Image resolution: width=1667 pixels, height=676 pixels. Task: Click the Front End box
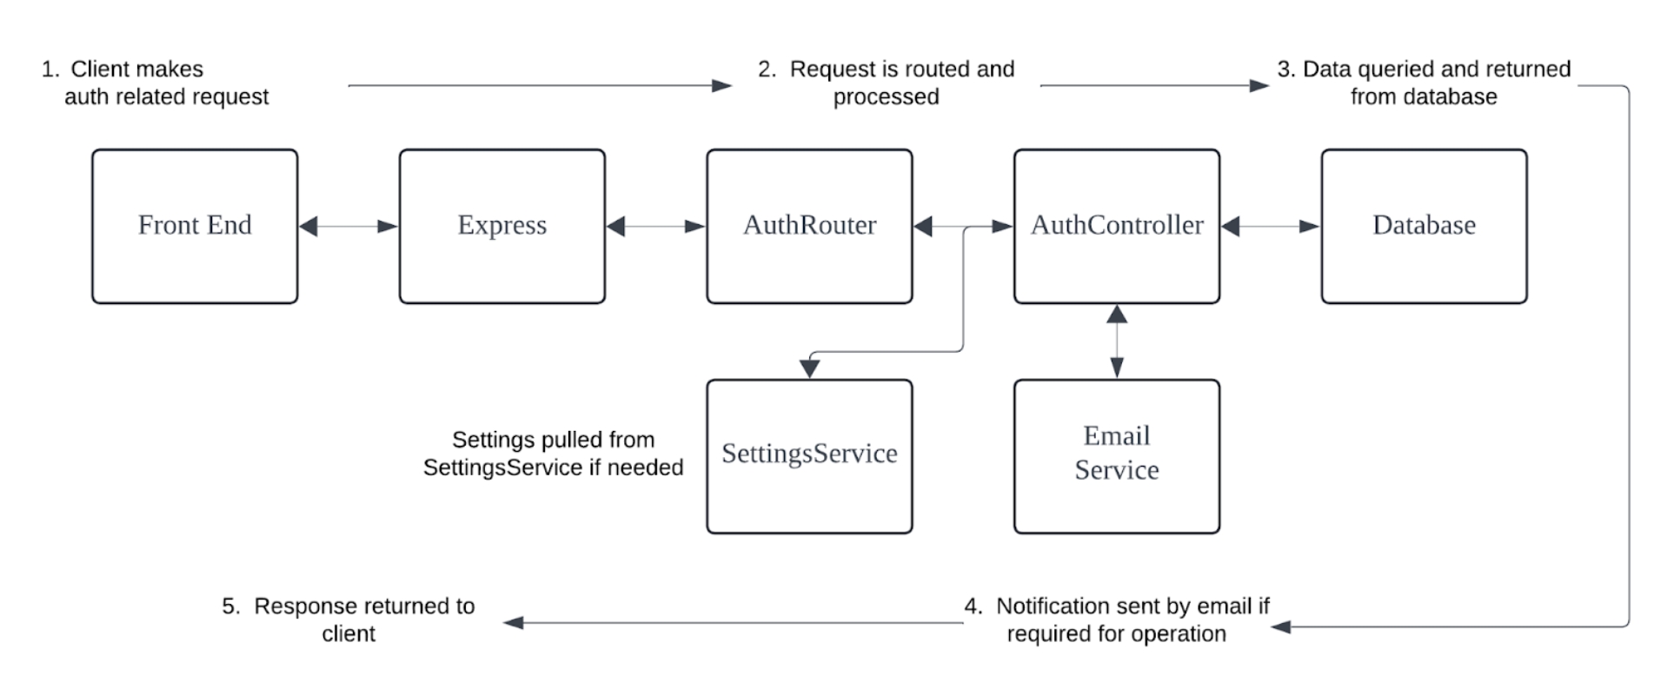pos(195,226)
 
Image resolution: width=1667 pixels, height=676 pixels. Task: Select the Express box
pos(501,226)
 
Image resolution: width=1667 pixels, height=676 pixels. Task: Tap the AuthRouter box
pos(809,226)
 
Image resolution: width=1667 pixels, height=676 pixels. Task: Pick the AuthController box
pos(1116,226)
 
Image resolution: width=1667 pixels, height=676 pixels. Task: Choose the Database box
pos(1424,226)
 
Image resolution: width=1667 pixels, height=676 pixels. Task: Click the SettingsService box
pos(809,455)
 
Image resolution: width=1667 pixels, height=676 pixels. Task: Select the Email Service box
pos(1116,455)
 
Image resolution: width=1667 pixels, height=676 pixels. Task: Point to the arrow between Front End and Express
pos(349,227)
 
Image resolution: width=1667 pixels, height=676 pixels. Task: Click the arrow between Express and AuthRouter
pos(656,227)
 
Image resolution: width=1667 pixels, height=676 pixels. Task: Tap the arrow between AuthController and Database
pos(1271,227)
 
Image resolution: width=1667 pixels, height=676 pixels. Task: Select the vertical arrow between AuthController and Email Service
pos(1117,341)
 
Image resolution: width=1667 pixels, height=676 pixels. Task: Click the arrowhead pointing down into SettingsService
pos(810,368)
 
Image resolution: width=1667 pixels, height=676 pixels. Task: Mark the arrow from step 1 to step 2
pos(539,85)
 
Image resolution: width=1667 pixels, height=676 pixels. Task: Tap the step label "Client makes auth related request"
pos(156,83)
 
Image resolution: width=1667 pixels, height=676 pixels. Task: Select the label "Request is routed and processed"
pos(887,83)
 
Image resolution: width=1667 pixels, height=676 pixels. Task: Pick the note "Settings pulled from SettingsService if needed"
pos(553,454)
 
